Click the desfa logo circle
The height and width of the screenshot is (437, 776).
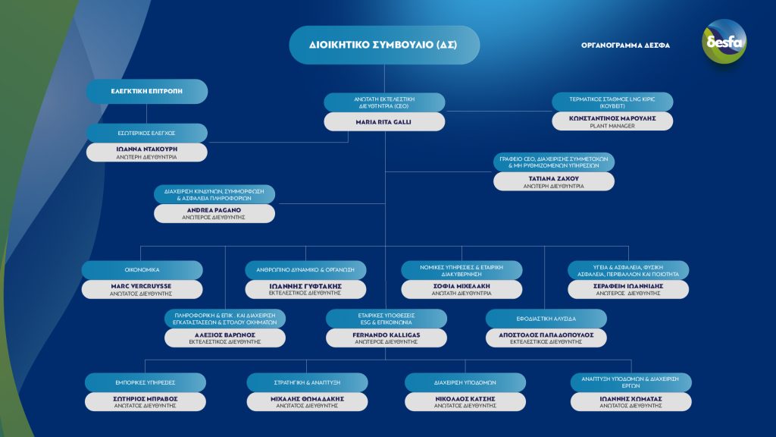[x=724, y=42]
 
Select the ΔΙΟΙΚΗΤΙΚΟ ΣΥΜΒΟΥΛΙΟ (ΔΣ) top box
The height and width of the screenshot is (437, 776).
[x=384, y=45]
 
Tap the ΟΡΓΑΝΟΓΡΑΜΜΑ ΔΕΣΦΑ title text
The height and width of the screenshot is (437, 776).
[x=625, y=45]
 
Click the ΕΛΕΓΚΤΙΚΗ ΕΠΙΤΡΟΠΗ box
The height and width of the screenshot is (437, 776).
[x=147, y=91]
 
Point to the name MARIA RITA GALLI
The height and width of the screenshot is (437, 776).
[x=383, y=122]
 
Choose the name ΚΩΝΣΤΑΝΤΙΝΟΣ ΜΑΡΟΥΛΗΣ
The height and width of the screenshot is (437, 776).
[x=612, y=118]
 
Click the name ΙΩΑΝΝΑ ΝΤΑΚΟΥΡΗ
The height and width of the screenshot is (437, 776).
[x=146, y=149]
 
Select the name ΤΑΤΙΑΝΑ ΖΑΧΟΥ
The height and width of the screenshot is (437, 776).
[x=553, y=178]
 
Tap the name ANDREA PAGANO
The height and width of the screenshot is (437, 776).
[x=214, y=210]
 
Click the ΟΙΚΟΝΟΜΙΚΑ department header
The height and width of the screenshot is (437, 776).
[x=142, y=270]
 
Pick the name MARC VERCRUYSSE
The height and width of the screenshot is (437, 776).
[x=141, y=286]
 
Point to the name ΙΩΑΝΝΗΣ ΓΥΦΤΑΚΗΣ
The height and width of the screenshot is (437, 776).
[x=305, y=286]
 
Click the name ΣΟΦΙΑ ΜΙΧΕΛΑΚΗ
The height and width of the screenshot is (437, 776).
[x=462, y=286]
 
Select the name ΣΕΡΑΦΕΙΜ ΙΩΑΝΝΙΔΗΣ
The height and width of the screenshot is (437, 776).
[x=628, y=286]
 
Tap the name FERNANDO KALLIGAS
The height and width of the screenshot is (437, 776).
[x=386, y=335]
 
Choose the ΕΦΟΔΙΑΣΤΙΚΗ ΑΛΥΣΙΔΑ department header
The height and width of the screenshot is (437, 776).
[x=546, y=319]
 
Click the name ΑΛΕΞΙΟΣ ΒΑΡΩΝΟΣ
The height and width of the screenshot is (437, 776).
[x=224, y=335]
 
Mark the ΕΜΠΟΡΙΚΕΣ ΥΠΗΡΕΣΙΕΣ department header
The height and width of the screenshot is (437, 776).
[x=145, y=382]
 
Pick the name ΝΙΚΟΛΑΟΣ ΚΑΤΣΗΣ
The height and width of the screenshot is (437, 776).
[x=465, y=399]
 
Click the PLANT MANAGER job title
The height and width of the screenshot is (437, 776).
[x=612, y=127]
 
